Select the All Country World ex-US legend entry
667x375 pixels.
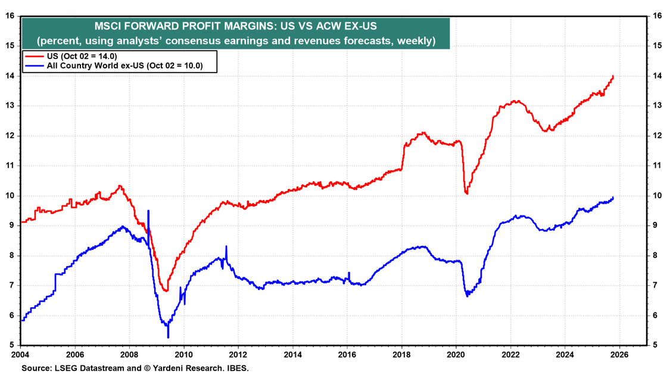click(x=124, y=66)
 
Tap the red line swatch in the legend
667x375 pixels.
click(x=34, y=57)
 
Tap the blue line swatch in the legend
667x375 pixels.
click(x=34, y=66)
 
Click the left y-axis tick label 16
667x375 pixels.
click(x=10, y=15)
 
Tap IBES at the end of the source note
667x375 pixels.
click(x=238, y=368)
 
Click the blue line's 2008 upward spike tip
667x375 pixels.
click(x=148, y=211)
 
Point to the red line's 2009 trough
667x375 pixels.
click(x=166, y=290)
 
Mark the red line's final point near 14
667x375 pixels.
click(x=613, y=76)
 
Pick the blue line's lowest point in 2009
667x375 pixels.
click(x=168, y=337)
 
